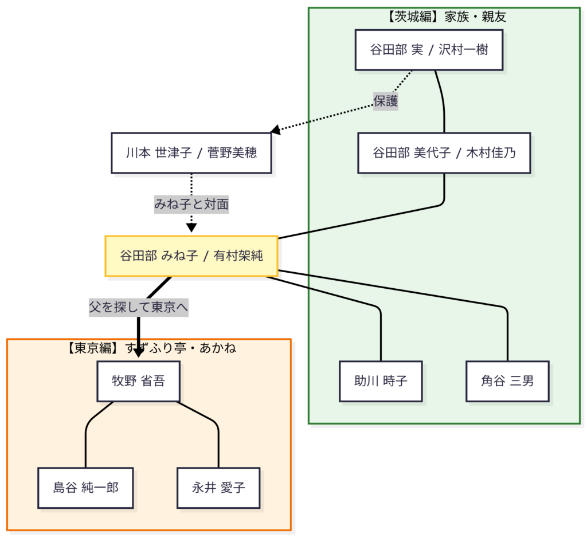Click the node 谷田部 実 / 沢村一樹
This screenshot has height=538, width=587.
point(429,50)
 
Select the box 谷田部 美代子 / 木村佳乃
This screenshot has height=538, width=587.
point(444,153)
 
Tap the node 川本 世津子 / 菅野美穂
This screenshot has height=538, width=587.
point(191,153)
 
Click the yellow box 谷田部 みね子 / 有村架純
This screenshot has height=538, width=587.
point(191,256)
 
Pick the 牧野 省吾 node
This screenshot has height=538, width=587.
point(138,381)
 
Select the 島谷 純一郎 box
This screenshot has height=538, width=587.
point(86,488)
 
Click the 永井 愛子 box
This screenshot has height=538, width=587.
point(218,488)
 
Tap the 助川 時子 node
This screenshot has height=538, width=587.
point(381,381)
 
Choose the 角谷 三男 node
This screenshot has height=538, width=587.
point(507,381)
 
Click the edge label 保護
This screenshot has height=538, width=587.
point(386,101)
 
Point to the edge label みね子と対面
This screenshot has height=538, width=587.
point(191,204)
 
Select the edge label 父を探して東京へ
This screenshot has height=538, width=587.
point(138,307)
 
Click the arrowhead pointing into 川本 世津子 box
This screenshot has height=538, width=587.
point(276,131)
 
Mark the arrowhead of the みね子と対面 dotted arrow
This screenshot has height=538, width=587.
point(191,228)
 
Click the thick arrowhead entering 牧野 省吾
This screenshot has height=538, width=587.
point(138,353)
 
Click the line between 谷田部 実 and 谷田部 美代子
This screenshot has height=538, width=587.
point(444,103)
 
